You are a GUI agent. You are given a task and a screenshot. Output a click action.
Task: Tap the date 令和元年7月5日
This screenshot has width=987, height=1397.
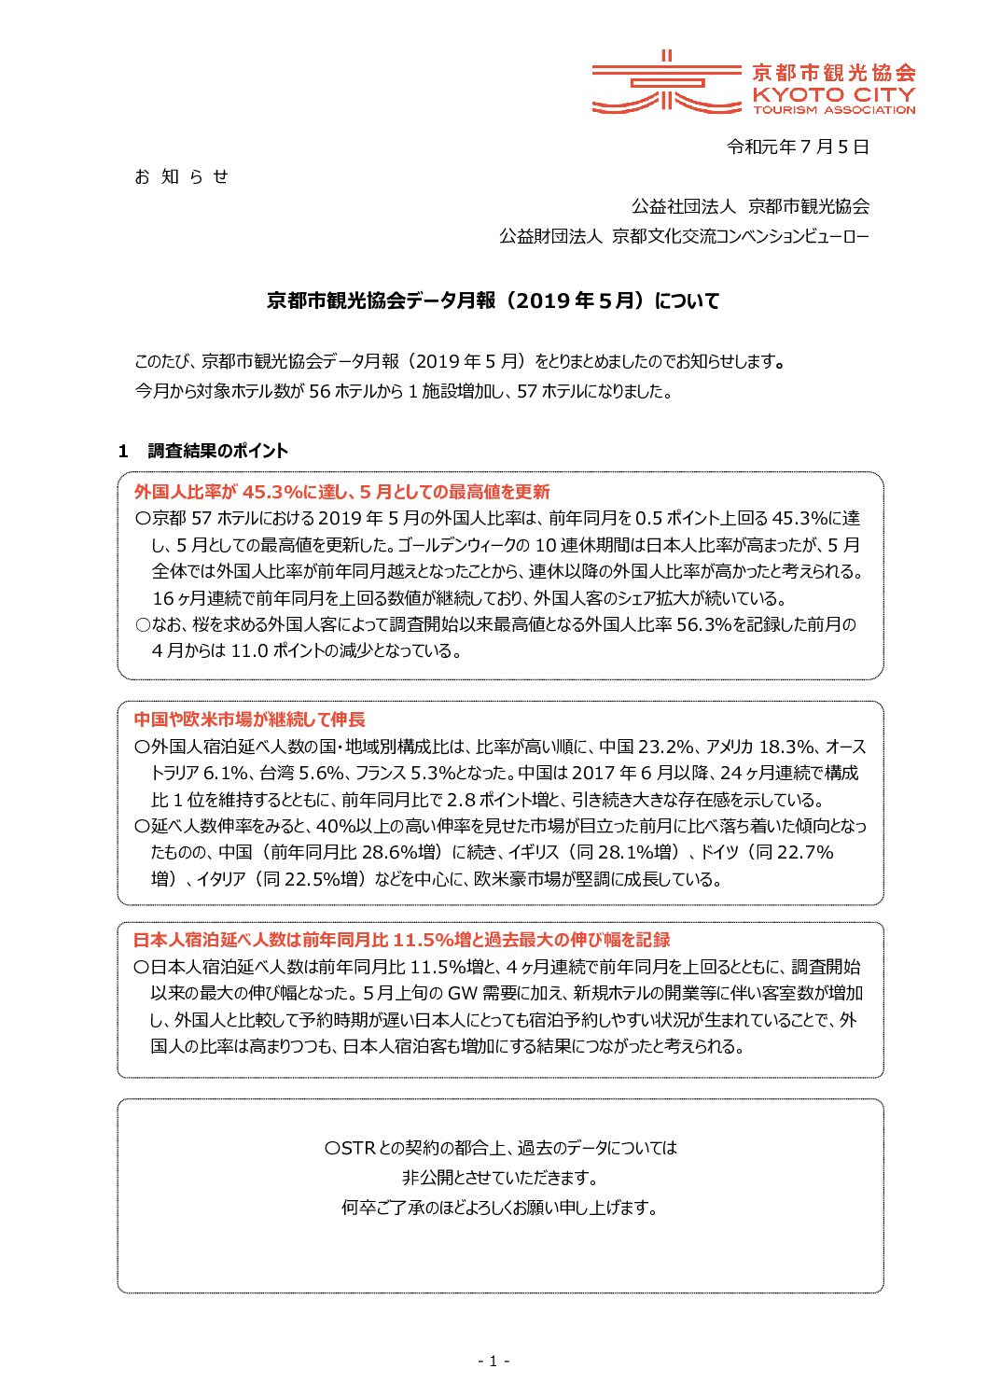(x=798, y=147)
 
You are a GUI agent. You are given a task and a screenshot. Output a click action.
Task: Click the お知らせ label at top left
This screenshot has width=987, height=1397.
(x=181, y=176)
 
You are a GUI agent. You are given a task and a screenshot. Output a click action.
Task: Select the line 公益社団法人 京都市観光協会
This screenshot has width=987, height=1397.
(x=750, y=206)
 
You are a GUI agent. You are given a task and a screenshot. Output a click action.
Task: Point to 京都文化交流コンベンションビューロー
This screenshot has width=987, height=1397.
(x=740, y=236)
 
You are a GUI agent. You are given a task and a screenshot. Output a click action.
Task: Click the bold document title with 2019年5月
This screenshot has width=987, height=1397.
(x=493, y=300)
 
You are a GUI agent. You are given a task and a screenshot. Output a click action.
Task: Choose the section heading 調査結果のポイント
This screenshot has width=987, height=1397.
(x=217, y=451)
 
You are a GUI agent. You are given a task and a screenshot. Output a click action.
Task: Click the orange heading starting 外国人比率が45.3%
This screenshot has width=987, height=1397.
(x=341, y=492)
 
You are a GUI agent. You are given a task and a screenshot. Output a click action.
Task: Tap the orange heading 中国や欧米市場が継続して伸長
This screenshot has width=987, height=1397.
(x=249, y=719)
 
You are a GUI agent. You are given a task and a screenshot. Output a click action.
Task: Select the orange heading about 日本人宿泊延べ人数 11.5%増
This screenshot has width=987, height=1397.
(x=401, y=940)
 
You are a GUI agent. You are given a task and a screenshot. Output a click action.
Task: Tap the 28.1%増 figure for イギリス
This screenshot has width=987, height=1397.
(x=639, y=852)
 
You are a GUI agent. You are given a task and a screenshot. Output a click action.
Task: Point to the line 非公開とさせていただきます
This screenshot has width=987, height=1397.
(x=500, y=1178)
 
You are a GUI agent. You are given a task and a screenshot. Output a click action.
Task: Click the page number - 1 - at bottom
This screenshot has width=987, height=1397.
(x=493, y=1362)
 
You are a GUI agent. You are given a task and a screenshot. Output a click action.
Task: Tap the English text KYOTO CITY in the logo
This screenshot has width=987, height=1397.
(x=833, y=94)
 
